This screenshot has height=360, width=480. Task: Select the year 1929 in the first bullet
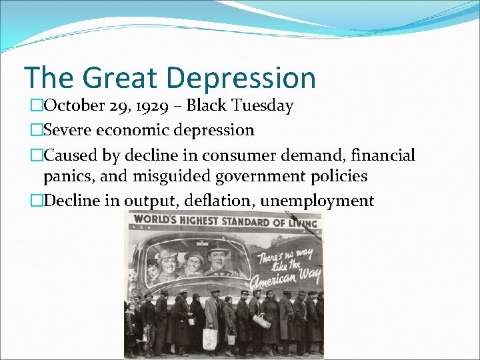[158, 106]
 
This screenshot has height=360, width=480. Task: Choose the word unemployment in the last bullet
[317, 201]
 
